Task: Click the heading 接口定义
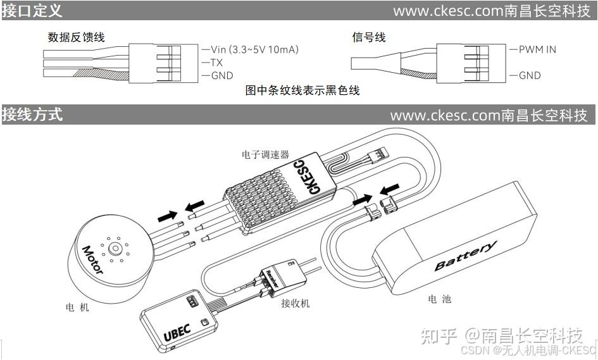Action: click(x=32, y=11)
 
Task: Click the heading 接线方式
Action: click(x=32, y=115)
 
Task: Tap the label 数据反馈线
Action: click(x=76, y=37)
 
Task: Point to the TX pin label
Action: click(x=216, y=63)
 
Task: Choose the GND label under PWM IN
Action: click(x=530, y=75)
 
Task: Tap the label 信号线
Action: click(x=369, y=37)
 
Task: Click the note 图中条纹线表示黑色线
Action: click(x=302, y=90)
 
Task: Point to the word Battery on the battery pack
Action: click(x=465, y=256)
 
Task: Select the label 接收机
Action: click(x=296, y=304)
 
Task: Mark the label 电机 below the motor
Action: click(x=77, y=307)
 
